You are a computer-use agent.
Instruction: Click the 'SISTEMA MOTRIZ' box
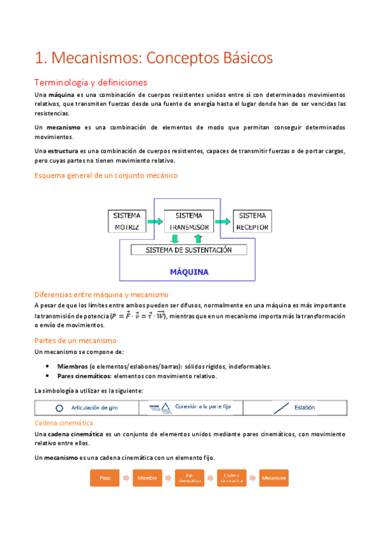coord(127,222)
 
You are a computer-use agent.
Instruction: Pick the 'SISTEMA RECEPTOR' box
coord(252,222)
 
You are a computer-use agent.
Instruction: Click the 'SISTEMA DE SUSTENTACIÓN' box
coord(188,250)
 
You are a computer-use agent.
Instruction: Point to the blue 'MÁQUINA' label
coord(189,272)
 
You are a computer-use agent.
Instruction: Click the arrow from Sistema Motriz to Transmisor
coord(154,222)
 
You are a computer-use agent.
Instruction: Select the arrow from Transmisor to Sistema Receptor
coord(222,222)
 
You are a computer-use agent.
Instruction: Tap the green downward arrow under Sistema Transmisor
coord(175,239)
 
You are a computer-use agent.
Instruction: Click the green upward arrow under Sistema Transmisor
coord(198,239)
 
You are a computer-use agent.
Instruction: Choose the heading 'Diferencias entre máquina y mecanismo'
coord(101,294)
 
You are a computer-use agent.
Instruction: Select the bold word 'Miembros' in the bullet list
coord(72,366)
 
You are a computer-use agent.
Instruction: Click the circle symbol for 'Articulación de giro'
coord(60,408)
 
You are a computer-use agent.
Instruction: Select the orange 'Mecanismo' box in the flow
coord(273,477)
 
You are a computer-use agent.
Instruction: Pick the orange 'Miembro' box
coord(147,477)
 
